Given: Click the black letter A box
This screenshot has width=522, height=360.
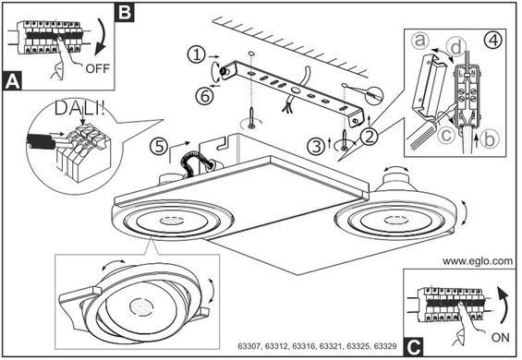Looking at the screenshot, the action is [12, 81].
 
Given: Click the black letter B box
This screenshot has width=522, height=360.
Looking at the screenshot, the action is [125, 12].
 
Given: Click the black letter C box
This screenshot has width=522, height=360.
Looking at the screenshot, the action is [414, 347].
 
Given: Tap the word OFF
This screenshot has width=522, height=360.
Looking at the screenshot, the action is [98, 68].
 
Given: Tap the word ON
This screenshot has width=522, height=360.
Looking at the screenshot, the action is [500, 337].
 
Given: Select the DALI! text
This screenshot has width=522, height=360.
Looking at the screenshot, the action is [79, 109].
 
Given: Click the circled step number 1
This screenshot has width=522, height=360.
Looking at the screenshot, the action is [197, 54].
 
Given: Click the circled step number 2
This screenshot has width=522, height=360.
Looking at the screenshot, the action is [369, 136].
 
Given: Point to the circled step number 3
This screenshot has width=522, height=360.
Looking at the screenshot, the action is [316, 146].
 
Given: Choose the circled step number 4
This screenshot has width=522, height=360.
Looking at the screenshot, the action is [493, 41].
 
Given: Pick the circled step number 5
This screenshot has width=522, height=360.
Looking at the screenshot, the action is [159, 147].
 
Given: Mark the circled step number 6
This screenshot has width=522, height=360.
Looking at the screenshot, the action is [204, 96].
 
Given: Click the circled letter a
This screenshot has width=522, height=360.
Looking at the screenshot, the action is [420, 41].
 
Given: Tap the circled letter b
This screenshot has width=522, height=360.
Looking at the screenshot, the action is [490, 138].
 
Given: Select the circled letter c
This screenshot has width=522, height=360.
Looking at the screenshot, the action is [445, 135].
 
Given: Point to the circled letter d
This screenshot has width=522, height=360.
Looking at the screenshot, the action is [455, 47].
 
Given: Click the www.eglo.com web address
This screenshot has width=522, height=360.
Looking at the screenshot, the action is [478, 261].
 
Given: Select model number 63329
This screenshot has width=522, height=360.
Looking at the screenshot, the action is [385, 346].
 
